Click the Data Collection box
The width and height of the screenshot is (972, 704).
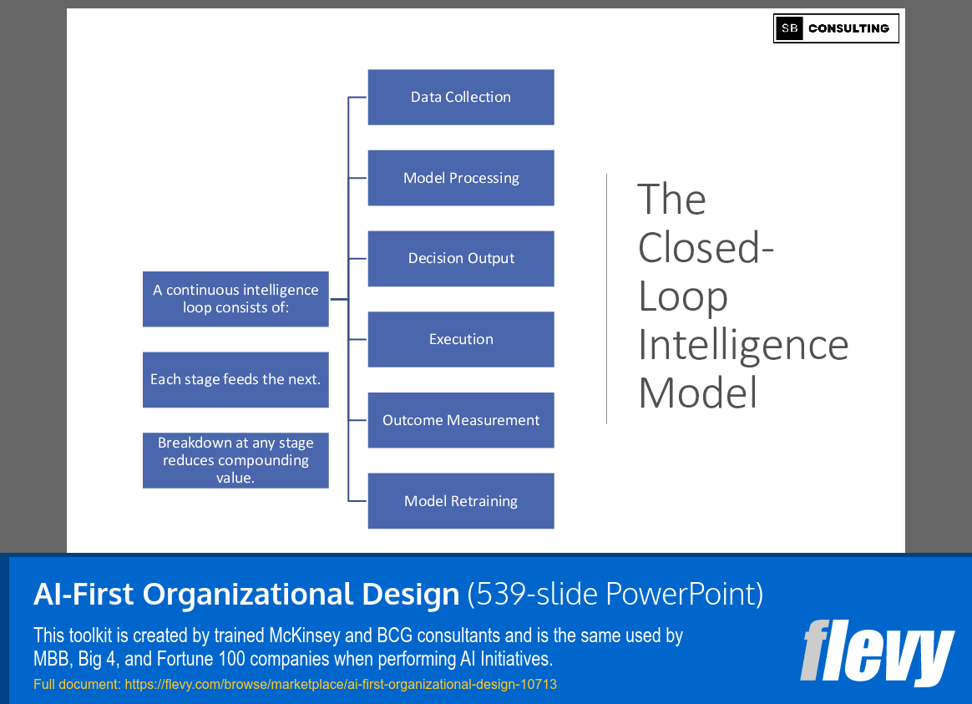pos(461,97)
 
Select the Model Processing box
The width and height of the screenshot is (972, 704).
pos(461,178)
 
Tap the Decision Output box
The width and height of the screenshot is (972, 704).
pos(461,258)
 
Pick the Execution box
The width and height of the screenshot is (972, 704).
pos(461,339)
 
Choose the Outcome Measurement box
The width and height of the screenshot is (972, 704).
pos(461,420)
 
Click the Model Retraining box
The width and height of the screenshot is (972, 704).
pos(461,501)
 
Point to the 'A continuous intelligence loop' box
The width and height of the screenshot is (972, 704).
pos(235,299)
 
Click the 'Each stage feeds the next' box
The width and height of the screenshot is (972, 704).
pos(235,379)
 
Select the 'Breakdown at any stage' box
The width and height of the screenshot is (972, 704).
pos(235,460)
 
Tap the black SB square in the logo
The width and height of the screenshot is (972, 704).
pos(789,28)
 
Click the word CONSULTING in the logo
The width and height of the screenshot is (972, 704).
pos(848,28)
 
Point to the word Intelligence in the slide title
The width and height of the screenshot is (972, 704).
pos(743,345)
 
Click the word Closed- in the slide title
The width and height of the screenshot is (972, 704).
pos(706,248)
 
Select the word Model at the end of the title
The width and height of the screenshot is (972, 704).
pos(697,393)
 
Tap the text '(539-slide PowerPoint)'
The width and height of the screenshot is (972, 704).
pos(615,594)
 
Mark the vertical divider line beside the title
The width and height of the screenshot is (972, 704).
pos(607,298)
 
